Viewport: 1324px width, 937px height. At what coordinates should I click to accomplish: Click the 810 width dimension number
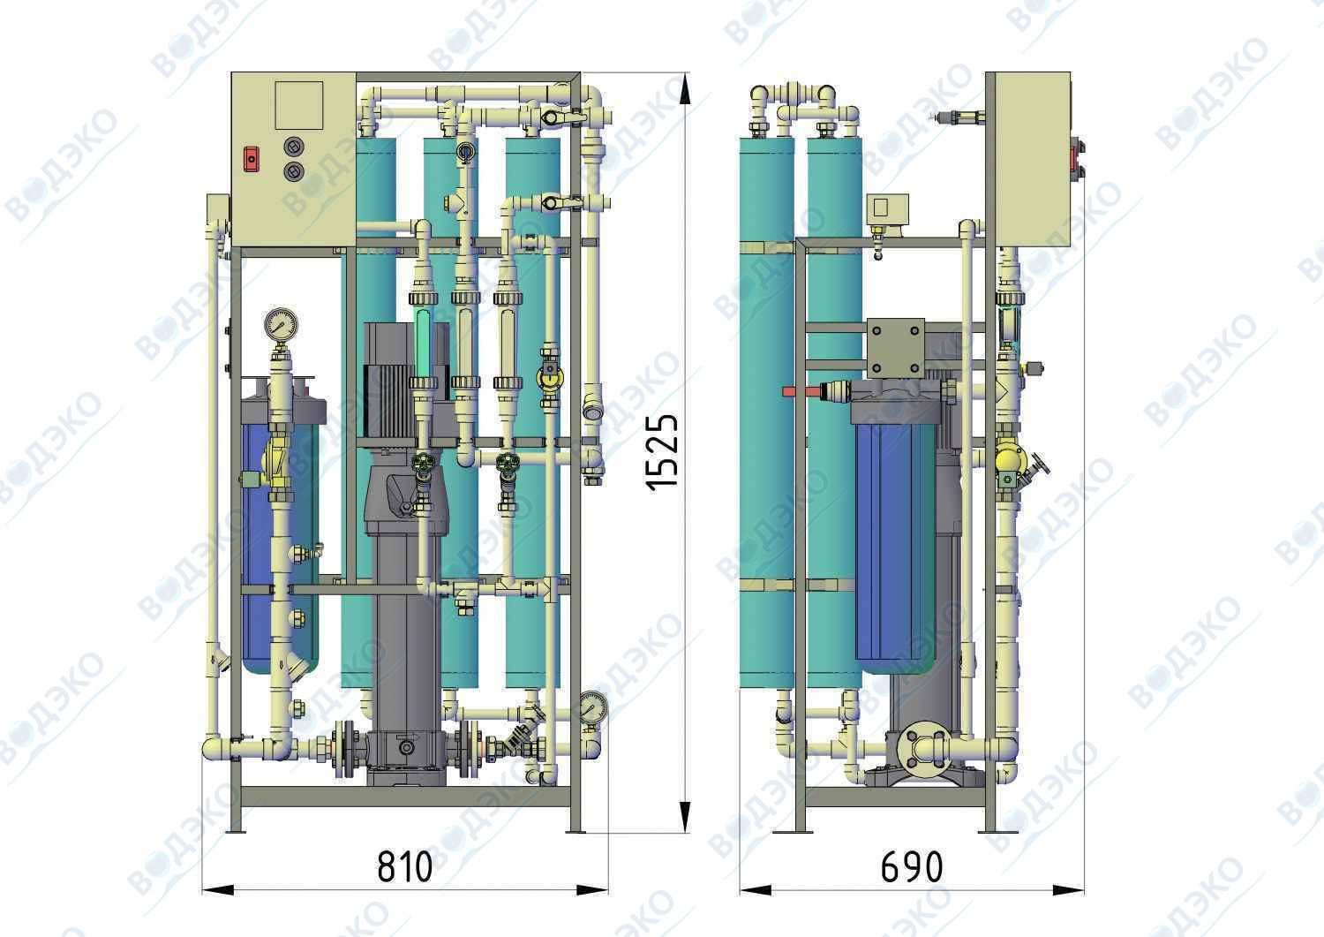(405, 866)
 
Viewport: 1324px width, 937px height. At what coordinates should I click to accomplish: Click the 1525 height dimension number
(661, 452)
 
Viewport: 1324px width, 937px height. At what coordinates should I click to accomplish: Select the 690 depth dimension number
(912, 867)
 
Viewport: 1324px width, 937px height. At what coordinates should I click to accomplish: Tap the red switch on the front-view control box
(252, 159)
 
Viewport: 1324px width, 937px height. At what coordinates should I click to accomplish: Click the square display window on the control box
(299, 105)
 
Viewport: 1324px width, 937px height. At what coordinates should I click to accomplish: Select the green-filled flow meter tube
(423, 343)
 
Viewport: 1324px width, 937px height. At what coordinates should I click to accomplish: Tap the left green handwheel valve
(423, 462)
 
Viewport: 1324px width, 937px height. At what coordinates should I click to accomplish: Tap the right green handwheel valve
(508, 462)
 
